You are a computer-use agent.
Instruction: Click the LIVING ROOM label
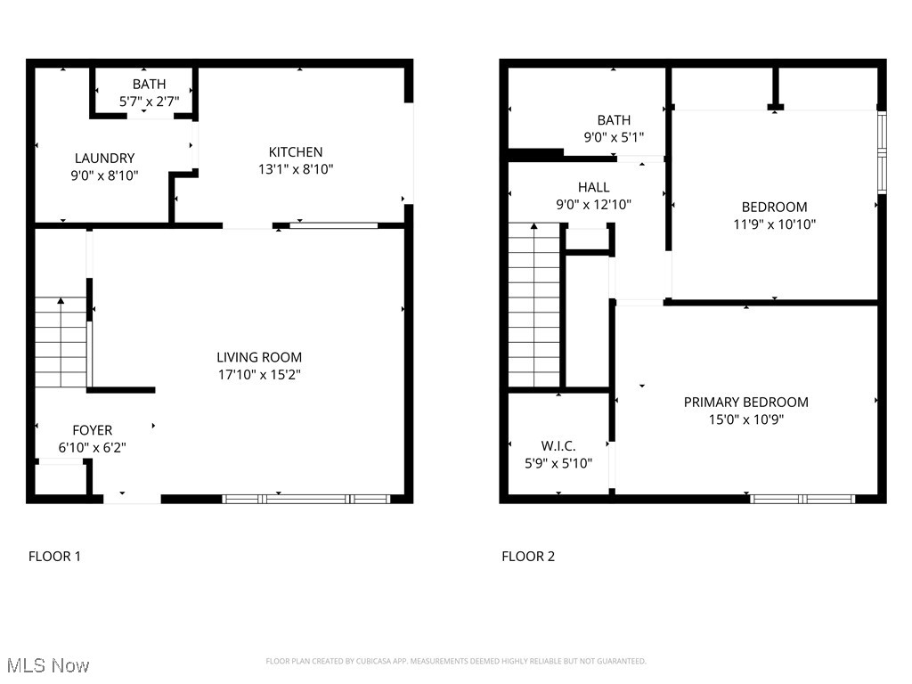pyautogui.click(x=259, y=358)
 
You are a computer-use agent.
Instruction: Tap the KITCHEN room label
pyautogui.click(x=296, y=151)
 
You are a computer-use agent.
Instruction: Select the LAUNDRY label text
pyautogui.click(x=104, y=158)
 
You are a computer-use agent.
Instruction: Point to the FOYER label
pyautogui.click(x=92, y=430)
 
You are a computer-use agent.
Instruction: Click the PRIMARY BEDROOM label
pyautogui.click(x=745, y=402)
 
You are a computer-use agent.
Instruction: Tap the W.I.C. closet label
pyautogui.click(x=558, y=445)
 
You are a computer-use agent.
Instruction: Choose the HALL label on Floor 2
pyautogui.click(x=593, y=187)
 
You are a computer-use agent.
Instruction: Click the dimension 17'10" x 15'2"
pyautogui.click(x=259, y=376)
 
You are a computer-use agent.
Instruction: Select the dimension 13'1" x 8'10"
pyautogui.click(x=296, y=168)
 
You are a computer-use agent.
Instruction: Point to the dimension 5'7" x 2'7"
pyautogui.click(x=149, y=102)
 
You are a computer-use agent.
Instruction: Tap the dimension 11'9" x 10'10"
pyautogui.click(x=774, y=224)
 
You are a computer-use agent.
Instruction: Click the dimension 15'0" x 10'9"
pyautogui.click(x=745, y=419)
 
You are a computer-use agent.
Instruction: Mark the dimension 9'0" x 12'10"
pyautogui.click(x=593, y=204)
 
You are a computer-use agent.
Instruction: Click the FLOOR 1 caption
pyautogui.click(x=54, y=557)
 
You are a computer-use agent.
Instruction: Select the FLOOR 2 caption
pyautogui.click(x=528, y=557)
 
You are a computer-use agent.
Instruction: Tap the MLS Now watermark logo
pyautogui.click(x=48, y=665)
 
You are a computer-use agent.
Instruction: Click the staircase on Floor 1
pyautogui.click(x=61, y=343)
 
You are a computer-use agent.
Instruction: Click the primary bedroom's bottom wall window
pyautogui.click(x=803, y=499)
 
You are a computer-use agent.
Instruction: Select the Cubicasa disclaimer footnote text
pyautogui.click(x=455, y=661)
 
